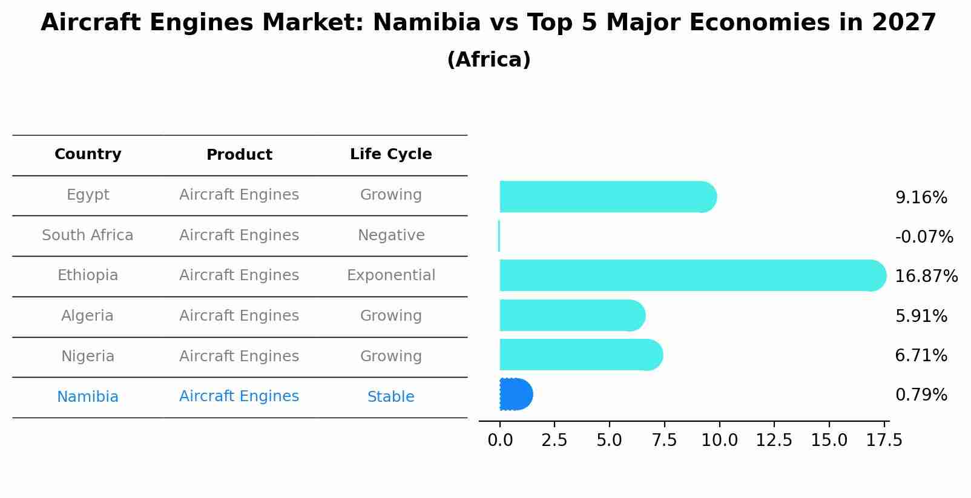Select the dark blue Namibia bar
(515, 395)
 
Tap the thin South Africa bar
(499, 236)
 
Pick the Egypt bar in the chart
(605, 197)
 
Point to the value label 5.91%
(921, 316)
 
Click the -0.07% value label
(924, 237)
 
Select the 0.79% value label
(921, 395)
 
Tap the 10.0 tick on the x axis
(719, 441)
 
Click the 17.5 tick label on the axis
(884, 441)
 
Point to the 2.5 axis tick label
(555, 441)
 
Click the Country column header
(88, 154)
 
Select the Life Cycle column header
(391, 154)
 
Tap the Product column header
(239, 155)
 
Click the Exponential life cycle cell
(391, 275)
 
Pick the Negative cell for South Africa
(391, 235)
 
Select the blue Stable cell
(391, 397)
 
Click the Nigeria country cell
(88, 356)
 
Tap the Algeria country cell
(88, 316)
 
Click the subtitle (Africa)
(489, 60)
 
